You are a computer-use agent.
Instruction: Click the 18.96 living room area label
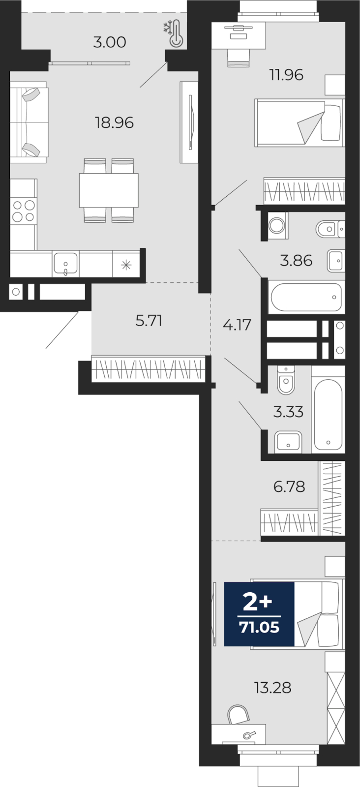tap(114, 122)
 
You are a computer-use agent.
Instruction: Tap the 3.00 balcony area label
tap(110, 42)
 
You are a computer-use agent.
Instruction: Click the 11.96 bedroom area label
tap(286, 75)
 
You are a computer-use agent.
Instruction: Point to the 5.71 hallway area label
tap(149, 321)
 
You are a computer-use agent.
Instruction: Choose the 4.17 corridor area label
tap(237, 325)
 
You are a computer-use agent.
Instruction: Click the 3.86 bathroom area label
tap(296, 260)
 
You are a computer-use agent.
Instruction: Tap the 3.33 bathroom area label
tap(288, 412)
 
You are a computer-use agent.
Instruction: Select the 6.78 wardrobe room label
tap(289, 487)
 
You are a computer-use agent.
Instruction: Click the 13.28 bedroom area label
tap(273, 688)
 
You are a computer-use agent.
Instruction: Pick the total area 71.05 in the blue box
tap(259, 627)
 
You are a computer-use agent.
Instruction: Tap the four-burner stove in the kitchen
tap(23, 211)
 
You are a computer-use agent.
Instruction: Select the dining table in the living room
tap(109, 190)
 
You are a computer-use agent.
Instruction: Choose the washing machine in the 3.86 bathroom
tap(276, 226)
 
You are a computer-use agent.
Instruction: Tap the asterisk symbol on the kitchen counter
tap(126, 266)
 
